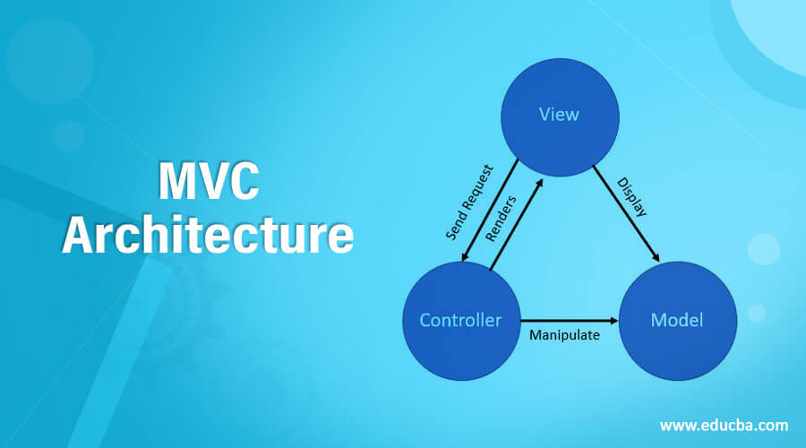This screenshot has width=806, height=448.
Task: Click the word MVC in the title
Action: tap(209, 182)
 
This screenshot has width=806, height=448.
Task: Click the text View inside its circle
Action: tap(559, 114)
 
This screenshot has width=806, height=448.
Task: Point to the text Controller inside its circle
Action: tap(460, 320)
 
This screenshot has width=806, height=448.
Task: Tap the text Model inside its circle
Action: tap(677, 320)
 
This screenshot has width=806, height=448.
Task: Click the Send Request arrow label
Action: tap(469, 202)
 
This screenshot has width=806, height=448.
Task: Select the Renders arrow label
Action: tap(501, 219)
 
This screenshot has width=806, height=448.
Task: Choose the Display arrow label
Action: tap(632, 198)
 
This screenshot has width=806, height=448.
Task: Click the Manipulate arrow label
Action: tap(564, 336)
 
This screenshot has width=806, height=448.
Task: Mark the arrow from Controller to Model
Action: tap(569, 320)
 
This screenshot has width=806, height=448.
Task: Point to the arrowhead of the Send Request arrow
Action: tap(463, 260)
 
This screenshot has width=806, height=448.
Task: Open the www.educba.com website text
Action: tap(724, 425)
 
